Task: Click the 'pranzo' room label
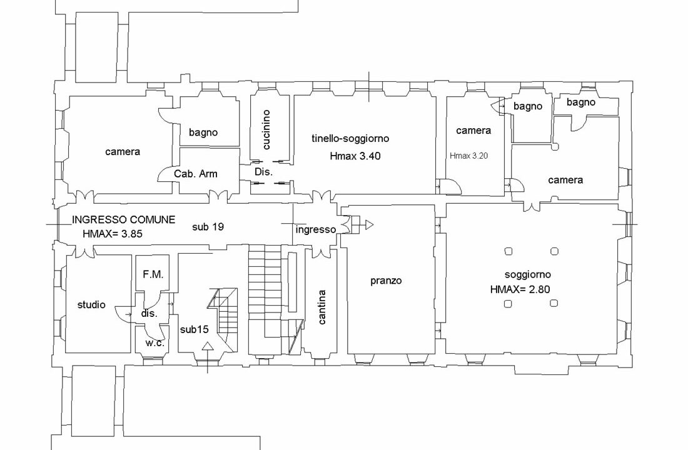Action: [x=386, y=281]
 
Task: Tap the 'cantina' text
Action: [x=321, y=307]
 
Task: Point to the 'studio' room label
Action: [x=91, y=305]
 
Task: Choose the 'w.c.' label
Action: [x=154, y=343]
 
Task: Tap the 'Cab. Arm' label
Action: [x=196, y=174]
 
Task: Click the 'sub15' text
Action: [x=194, y=329]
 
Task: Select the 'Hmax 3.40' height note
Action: [x=355, y=156]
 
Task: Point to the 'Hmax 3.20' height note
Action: [x=470, y=156]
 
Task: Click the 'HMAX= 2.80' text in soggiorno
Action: [x=520, y=289]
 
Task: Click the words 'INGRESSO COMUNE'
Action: [x=123, y=220]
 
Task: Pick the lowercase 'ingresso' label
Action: [x=316, y=229]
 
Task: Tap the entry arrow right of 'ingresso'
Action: [x=369, y=224]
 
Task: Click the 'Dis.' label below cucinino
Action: [x=261, y=171]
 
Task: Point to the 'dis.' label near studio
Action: [x=149, y=314]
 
